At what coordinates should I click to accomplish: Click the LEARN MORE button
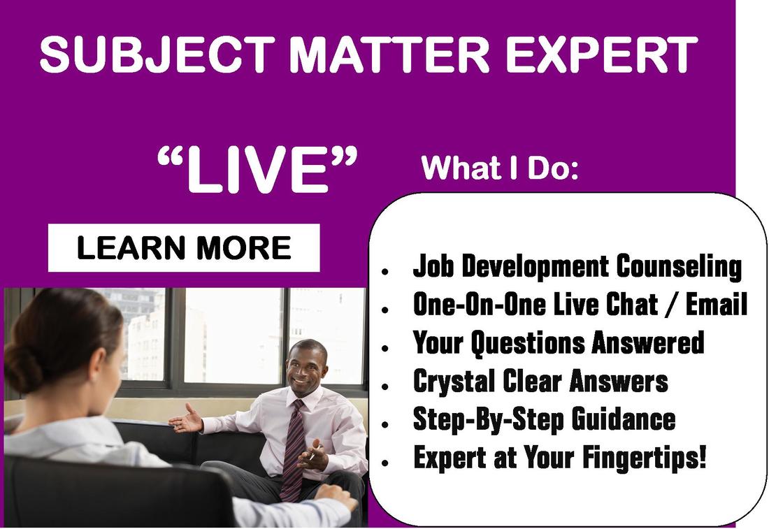coord(183,248)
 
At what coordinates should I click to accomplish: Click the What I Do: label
coord(500,168)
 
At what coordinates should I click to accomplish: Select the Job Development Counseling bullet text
coord(577,266)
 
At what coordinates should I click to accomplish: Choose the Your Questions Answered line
coord(559,343)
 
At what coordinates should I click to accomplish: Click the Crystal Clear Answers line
coord(540,382)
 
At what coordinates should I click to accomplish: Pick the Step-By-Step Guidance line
coord(544,419)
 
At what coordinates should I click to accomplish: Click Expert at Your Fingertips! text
coord(560,458)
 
